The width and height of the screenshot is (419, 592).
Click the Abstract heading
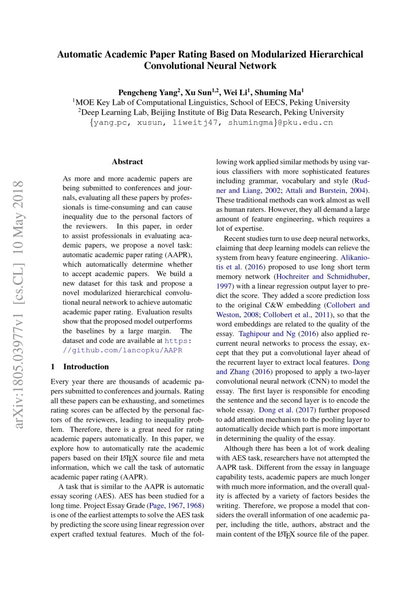click(x=127, y=162)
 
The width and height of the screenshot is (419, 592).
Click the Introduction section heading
click(x=85, y=366)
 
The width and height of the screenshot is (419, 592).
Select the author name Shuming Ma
click(x=279, y=92)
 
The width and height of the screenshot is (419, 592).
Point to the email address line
click(x=210, y=123)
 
